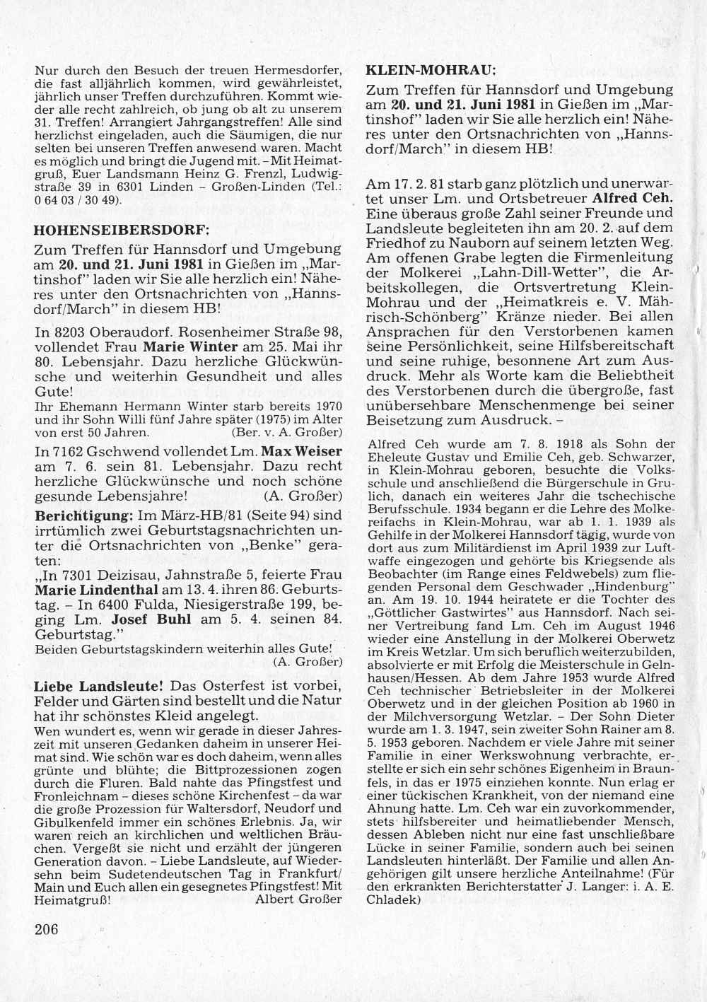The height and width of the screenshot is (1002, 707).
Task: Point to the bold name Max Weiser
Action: click(302, 451)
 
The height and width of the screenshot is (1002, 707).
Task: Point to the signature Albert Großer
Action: click(298, 900)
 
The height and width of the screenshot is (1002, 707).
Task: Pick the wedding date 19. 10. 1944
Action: click(437, 599)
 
